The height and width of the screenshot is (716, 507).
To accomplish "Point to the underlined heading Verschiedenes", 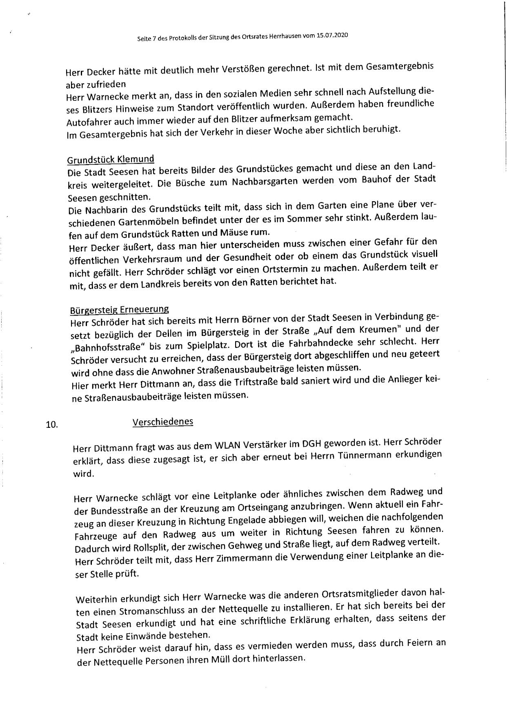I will (x=163, y=422).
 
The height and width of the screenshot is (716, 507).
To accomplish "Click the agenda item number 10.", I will (x=52, y=425).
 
